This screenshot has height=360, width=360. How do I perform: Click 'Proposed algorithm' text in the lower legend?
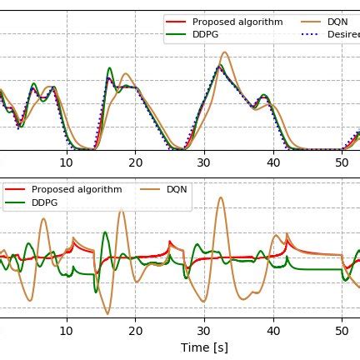click(x=77, y=189)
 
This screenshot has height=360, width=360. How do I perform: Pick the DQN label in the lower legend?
click(x=177, y=189)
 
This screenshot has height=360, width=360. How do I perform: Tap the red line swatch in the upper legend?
click(x=177, y=21)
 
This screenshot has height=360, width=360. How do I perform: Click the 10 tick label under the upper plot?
click(x=67, y=162)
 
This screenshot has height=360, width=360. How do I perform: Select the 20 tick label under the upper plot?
click(x=135, y=162)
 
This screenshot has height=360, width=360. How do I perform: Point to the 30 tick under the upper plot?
click(x=204, y=162)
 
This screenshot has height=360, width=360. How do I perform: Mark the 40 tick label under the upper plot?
click(x=273, y=162)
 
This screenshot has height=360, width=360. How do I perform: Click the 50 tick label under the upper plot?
click(x=342, y=162)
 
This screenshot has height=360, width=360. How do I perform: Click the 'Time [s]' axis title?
click(x=204, y=346)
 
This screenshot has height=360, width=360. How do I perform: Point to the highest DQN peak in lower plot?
click(x=219, y=197)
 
